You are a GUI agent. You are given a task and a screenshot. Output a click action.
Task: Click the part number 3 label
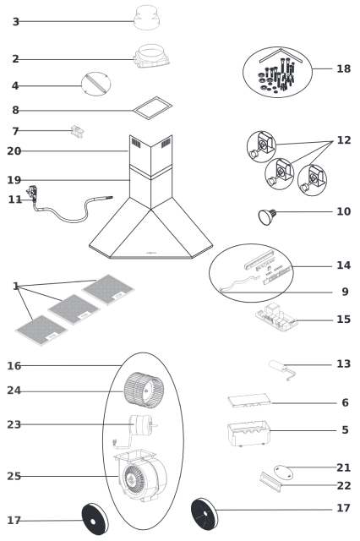point(15,22)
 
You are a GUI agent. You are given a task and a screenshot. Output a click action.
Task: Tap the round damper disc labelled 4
point(95,84)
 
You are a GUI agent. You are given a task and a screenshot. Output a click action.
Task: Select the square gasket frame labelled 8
point(152,108)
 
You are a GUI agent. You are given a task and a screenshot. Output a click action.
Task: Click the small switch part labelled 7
point(77,132)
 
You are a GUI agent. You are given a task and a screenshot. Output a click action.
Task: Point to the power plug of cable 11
point(32,193)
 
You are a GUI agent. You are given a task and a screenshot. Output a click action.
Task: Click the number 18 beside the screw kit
point(343,68)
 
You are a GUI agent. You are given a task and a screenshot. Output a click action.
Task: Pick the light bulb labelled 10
point(267,216)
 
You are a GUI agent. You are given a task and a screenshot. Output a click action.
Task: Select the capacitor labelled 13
point(281,369)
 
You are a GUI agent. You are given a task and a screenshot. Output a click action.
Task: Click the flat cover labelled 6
point(249,400)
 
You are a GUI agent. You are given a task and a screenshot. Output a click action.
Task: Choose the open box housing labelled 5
point(248,433)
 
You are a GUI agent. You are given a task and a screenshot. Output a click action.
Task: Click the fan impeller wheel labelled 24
point(144,389)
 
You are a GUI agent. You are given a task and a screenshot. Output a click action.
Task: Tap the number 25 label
point(14,477)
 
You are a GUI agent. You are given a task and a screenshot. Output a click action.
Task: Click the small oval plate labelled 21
point(283,473)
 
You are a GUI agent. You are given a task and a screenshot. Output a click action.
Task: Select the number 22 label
point(343,486)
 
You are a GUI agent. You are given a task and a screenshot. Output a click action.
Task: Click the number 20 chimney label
point(14,151)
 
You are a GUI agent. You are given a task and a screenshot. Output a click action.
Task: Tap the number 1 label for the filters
point(15,286)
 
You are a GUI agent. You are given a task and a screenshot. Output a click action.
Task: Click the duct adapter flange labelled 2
point(151,57)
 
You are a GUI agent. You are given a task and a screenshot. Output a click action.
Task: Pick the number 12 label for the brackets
point(343,140)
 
